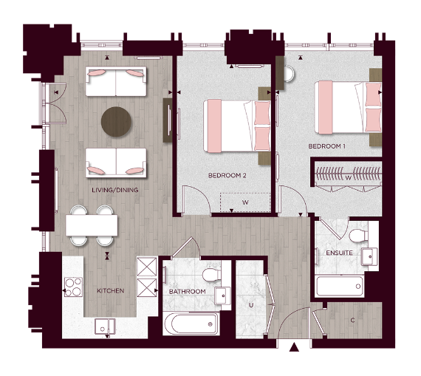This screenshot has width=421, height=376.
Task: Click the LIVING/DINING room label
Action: [115, 190]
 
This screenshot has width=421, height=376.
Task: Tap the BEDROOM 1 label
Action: [327, 147]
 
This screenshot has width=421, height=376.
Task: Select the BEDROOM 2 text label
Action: [227, 176]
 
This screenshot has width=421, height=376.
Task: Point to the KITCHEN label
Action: [110, 291]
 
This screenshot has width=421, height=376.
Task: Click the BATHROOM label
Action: [187, 292]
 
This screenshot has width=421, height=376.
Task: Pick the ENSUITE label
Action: [339, 253]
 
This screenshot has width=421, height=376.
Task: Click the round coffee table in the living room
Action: [116, 120]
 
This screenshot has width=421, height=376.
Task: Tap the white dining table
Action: [91, 225]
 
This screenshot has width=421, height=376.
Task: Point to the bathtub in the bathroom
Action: [191, 323]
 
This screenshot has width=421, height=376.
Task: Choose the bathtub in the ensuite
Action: [339, 284]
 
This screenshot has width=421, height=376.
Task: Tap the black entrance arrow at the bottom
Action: [294, 347]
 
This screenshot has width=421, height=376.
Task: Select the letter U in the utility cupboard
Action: [251, 304]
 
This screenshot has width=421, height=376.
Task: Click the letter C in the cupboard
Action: [353, 320]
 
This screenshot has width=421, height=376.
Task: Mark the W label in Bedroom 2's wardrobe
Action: [245, 201]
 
